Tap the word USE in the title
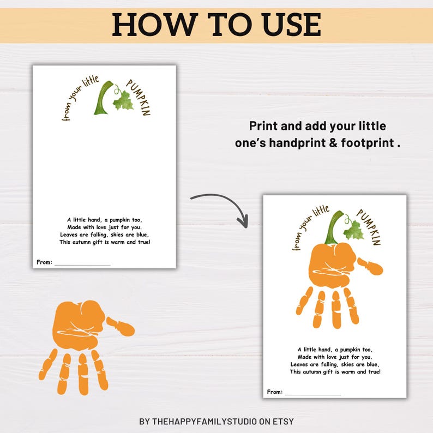[x=288, y=25]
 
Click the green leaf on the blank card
[x=123, y=101]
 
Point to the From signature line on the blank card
[x=82, y=263]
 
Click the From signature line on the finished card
[x=312, y=393]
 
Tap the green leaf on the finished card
[x=353, y=230]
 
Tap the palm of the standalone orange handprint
[x=79, y=327]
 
